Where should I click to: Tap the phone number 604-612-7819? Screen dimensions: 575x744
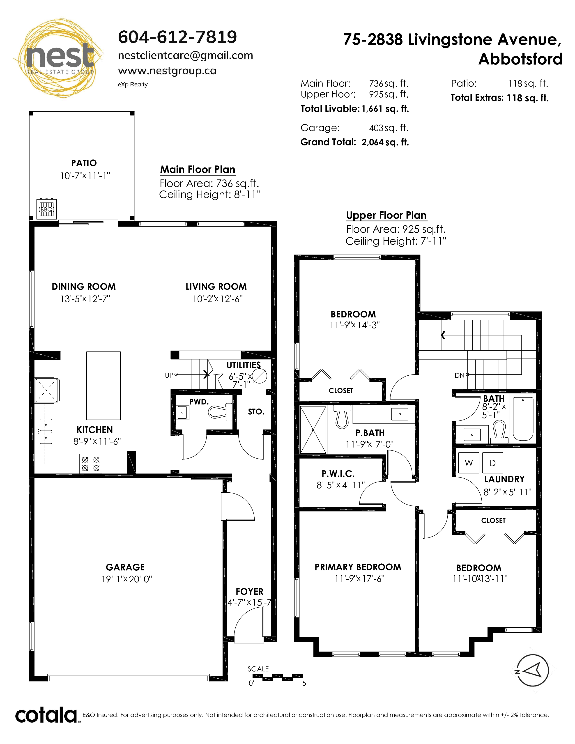coord(177,37)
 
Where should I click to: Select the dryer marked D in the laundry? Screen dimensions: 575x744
coord(492,463)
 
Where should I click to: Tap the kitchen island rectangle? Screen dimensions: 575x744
coord(103,386)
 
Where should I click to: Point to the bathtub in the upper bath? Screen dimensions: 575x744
coord(523,419)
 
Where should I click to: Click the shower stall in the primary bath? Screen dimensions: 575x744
coord(313,429)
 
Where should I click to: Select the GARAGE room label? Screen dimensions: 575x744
coord(125,567)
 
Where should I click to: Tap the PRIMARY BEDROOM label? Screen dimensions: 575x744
coord(358,567)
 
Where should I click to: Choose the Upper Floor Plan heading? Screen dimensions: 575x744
coord(386,215)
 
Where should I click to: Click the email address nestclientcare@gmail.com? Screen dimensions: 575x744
coord(185,55)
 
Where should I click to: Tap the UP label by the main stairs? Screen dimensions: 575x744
coord(169,375)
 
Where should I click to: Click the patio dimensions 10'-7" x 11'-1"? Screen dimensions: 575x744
coord(85,176)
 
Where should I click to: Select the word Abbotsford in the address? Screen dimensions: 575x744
coord(520,59)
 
